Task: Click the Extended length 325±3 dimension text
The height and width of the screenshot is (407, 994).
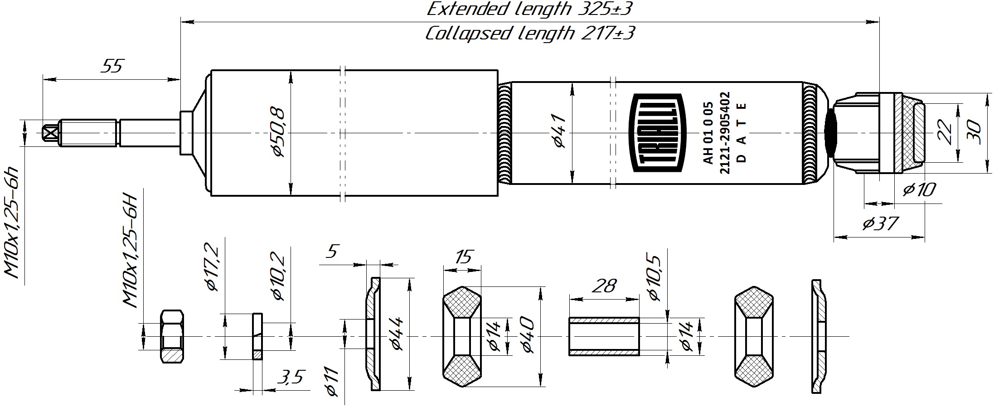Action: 529,9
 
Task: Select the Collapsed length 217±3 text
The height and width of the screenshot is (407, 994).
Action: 529,33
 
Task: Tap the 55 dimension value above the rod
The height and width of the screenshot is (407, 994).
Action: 112,66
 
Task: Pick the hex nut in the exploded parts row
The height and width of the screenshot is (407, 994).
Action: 173,336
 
